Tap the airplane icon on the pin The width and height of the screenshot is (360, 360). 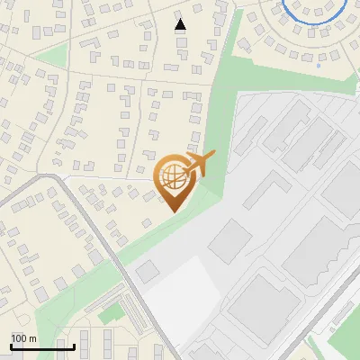point(201,164)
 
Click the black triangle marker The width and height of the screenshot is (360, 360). point(180,24)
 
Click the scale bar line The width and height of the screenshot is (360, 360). point(42,346)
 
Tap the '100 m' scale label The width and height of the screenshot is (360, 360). point(24,337)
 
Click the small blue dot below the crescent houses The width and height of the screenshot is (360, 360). point(319,65)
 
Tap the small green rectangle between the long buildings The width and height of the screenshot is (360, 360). point(112,313)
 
